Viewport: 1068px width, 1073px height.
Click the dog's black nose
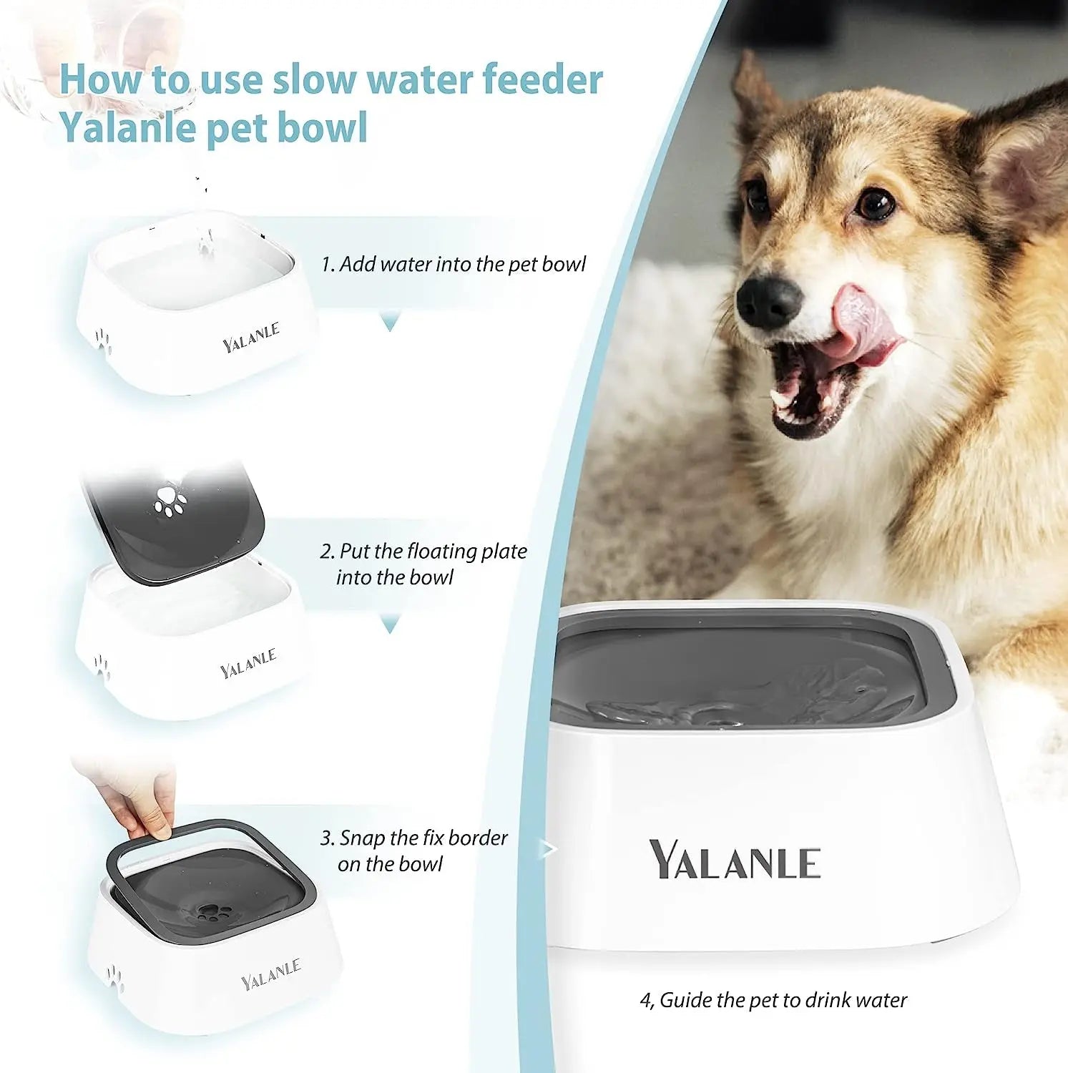point(768,301)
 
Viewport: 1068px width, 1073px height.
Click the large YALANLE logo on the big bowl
point(735,860)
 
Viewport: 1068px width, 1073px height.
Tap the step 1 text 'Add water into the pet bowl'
point(454,264)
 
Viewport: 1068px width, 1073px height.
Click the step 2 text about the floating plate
point(423,564)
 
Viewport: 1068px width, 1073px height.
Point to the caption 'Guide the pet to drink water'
point(773,999)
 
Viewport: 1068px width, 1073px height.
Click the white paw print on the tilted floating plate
point(170,501)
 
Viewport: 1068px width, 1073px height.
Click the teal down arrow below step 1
point(389,324)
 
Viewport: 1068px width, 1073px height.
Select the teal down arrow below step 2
point(389,626)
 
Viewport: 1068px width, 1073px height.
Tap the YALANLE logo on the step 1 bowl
point(250,338)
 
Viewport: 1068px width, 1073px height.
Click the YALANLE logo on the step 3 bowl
point(270,974)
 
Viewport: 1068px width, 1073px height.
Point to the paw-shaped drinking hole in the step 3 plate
point(212,912)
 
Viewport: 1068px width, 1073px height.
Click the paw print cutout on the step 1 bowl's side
point(104,341)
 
